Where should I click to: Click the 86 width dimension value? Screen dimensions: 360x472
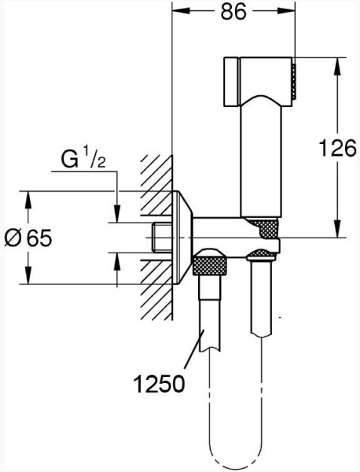coord(233,12)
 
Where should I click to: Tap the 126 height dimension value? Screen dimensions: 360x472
coord(337,148)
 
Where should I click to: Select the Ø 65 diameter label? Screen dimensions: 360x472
coord(28,238)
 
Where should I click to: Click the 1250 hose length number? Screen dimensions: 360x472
coord(159,384)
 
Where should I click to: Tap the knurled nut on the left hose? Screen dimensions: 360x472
coord(211,264)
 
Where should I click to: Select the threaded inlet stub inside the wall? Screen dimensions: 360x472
coord(162,238)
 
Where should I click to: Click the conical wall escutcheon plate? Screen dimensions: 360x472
coord(182,238)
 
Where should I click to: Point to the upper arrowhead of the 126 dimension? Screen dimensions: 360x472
coord(337,65)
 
